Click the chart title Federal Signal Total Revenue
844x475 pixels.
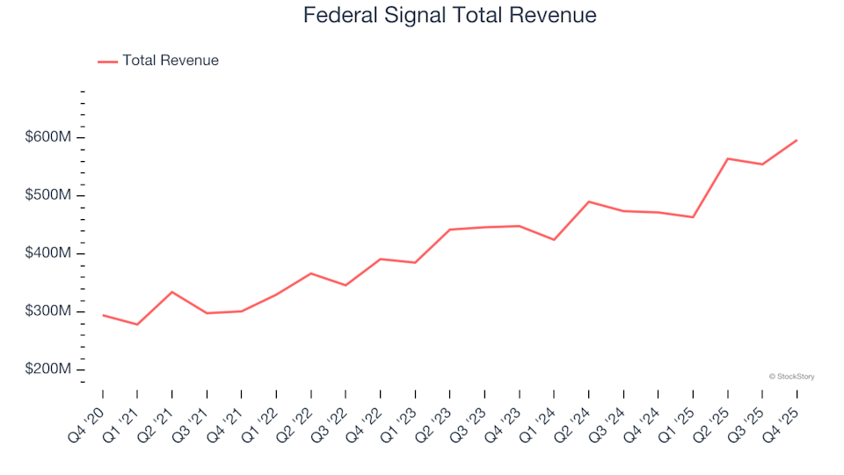tap(449, 15)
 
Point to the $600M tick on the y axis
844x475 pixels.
tap(47, 137)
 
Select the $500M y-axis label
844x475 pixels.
tap(47, 195)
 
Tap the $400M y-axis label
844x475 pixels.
tap(47, 253)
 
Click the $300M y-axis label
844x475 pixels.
tap(47, 311)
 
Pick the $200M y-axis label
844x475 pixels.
tap(47, 369)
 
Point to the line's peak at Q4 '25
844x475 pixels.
tap(797, 140)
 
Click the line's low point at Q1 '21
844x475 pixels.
tap(137, 325)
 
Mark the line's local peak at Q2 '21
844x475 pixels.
tap(171, 292)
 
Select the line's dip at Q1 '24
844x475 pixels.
tap(554, 239)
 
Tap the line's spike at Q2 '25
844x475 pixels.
tap(728, 158)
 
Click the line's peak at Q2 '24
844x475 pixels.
tap(588, 201)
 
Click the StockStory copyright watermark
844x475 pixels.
tap(791, 376)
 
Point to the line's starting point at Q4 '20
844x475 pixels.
tap(103, 315)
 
